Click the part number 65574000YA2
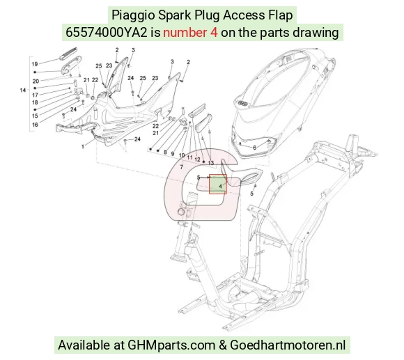coord(107,33)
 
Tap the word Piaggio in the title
coord(133,15)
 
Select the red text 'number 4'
coord(190,33)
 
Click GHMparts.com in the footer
coord(171,345)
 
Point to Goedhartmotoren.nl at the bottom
coord(288,345)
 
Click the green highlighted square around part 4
coord(218,184)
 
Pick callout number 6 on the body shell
coord(254,148)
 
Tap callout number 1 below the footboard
coord(83,147)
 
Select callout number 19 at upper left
coord(35,64)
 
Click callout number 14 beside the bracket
coord(23,90)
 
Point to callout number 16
coord(36,125)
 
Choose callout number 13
coord(211,163)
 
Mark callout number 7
coord(182,167)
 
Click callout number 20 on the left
coord(36,81)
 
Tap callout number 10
coord(182,155)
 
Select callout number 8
coord(165,152)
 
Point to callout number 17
coord(35,95)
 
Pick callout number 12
coord(197,159)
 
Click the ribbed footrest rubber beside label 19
coord(68,54)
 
